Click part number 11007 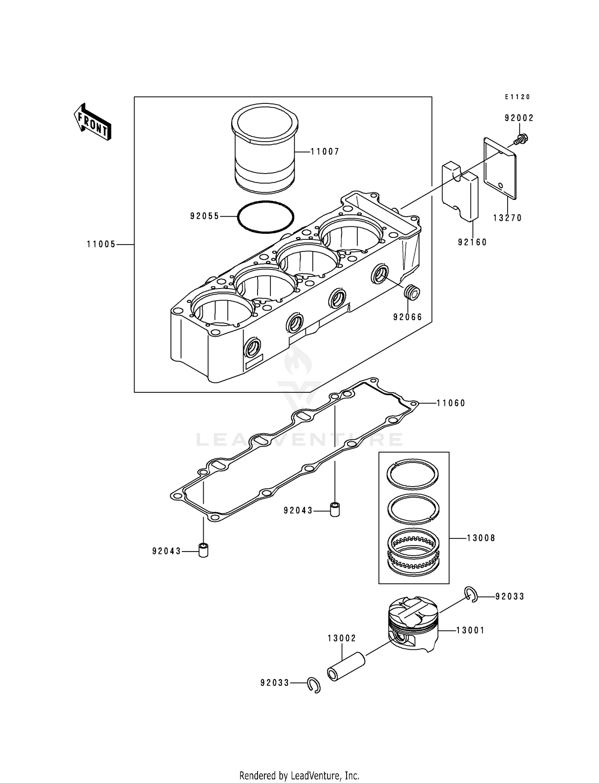point(325,152)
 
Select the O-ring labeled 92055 point(266,217)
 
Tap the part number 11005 point(101,244)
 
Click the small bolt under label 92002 point(520,140)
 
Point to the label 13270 point(507,218)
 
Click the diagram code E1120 point(517,97)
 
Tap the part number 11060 point(451,403)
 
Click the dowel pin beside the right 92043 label point(334,510)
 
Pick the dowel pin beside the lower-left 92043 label point(204,550)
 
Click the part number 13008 point(481,538)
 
